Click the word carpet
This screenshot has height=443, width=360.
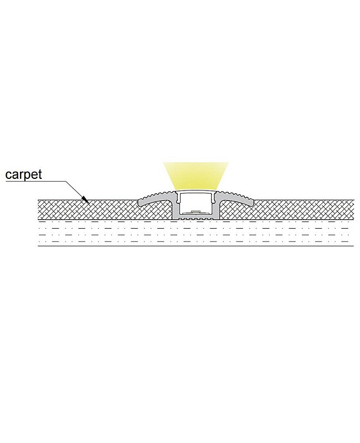(23, 174)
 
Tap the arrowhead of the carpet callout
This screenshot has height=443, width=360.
(86, 200)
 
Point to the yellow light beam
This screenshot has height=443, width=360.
(196, 176)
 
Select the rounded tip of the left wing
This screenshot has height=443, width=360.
(139, 202)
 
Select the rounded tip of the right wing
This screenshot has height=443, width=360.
(253, 202)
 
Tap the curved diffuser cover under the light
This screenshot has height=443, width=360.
(196, 192)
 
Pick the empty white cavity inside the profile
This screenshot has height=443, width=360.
(196, 203)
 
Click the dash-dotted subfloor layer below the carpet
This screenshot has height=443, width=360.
(196, 234)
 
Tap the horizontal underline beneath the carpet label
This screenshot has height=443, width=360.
(35, 181)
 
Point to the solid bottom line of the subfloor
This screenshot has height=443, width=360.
(196, 246)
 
